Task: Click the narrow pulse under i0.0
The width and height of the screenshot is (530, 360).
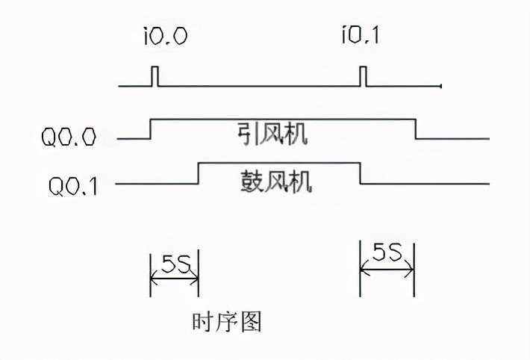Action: coord(155,77)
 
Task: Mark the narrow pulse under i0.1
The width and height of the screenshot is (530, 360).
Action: coord(363,77)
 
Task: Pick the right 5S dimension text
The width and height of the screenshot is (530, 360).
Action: coord(387,255)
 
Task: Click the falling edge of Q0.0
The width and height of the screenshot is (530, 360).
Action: coord(415,128)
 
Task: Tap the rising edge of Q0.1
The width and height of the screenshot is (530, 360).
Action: coord(198,173)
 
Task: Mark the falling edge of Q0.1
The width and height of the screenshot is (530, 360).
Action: coord(361,173)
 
